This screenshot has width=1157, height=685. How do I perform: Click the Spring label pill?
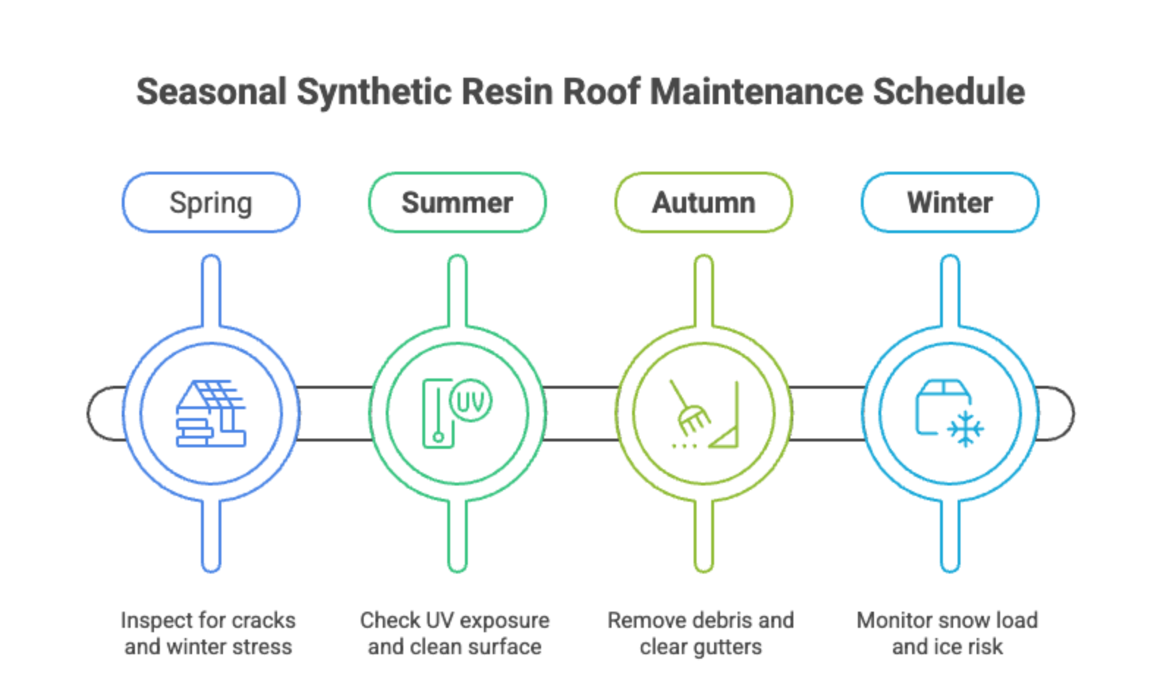pos(211,202)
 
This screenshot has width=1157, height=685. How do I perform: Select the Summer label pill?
pos(457,202)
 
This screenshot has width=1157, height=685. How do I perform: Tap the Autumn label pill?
pos(703,202)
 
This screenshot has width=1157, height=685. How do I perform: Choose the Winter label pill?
pos(950,202)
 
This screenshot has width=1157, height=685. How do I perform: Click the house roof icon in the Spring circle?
pos(210,413)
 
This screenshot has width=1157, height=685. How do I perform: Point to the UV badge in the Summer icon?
pos(471,400)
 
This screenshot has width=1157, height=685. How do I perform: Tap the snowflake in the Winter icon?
pos(965,430)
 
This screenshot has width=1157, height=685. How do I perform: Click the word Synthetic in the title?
pos(374,92)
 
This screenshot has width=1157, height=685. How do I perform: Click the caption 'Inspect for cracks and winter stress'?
pos(209,633)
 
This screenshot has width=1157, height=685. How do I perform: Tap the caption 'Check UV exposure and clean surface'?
pos(455,633)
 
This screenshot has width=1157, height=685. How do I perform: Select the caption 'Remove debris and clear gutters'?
pos(701,633)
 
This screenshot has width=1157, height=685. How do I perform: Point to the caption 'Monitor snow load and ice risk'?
pos(948,633)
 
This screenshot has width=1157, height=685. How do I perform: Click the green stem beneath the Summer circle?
pos(458,535)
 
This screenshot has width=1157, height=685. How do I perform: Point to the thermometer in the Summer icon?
pos(438,414)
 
